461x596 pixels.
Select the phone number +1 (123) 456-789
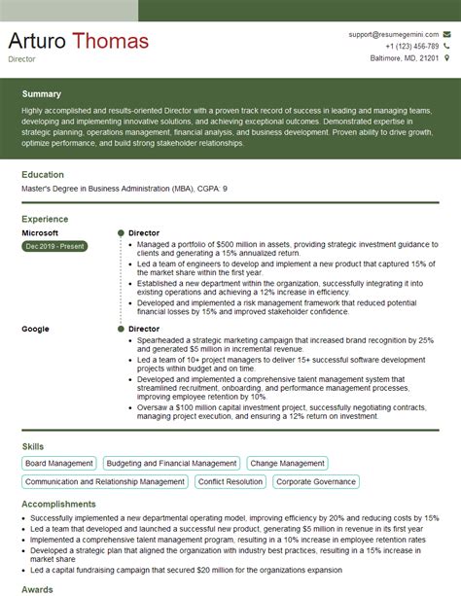(x=411, y=46)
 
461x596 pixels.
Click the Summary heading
(x=42, y=94)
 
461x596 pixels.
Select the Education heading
(x=43, y=175)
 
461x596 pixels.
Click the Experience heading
(x=45, y=220)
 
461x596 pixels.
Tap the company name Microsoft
(x=40, y=233)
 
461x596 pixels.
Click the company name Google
(x=35, y=330)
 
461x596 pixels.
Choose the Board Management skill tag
(x=59, y=464)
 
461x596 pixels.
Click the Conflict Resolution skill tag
(x=230, y=481)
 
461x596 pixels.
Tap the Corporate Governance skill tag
(x=316, y=481)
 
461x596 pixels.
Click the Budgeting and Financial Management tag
(x=171, y=464)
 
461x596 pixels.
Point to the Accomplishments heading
(x=58, y=505)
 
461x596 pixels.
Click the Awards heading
(x=37, y=588)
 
